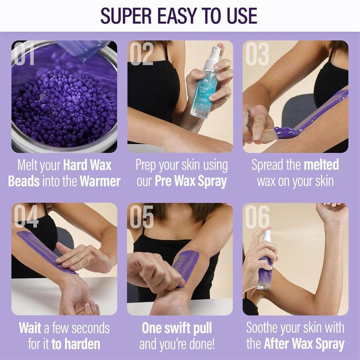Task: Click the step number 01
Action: point(25,54)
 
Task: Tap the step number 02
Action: point(141,54)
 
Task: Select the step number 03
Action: point(257,54)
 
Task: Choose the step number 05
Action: point(141,216)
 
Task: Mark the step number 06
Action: point(257,216)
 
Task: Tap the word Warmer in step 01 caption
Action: point(99,181)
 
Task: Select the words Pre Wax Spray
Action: point(192,181)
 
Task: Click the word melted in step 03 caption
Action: point(322,165)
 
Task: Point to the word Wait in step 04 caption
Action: point(30,328)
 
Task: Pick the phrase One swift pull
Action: point(177,328)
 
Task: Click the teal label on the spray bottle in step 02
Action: point(203,89)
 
